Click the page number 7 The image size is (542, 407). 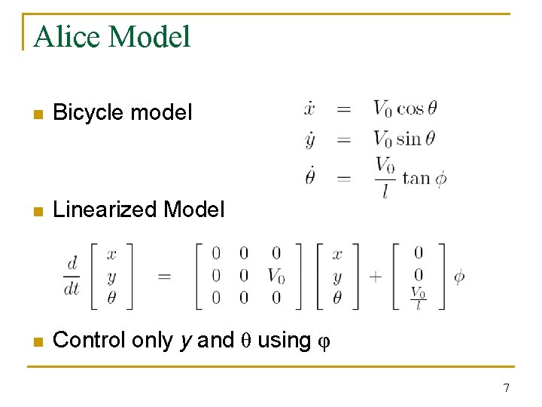tap(506, 388)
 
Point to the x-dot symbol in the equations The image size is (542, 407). tap(309, 109)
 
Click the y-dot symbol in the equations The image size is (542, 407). tap(309, 139)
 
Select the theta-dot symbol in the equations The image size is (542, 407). tap(309, 177)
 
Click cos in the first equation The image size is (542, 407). tap(410, 109)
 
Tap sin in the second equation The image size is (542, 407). tap(409, 139)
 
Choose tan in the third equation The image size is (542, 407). tap(416, 178)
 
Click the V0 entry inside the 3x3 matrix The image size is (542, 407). tap(276, 276)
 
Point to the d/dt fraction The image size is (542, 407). tap(72, 276)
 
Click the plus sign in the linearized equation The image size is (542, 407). tap(376, 276)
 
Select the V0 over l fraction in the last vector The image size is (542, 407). tap(418, 298)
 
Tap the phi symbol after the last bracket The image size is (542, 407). tap(458, 276)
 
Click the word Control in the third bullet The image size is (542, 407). tap(90, 341)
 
